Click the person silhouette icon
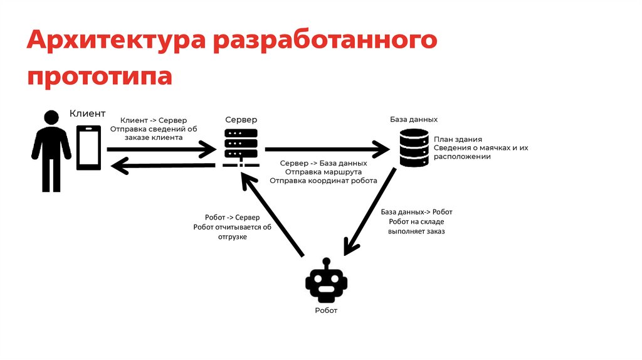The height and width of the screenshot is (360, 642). [x=51, y=151]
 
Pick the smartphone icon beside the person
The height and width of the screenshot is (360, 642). [x=88, y=148]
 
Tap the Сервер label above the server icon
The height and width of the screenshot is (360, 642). [x=241, y=119]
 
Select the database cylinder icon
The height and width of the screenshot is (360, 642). [x=414, y=148]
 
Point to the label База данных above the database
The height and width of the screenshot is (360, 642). [x=414, y=119]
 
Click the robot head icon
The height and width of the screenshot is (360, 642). [x=326, y=282]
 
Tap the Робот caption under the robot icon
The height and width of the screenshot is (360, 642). [x=326, y=310]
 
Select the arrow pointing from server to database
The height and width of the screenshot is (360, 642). [x=326, y=150]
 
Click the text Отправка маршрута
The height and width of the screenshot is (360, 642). [x=323, y=171]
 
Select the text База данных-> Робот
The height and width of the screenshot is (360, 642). [x=416, y=212]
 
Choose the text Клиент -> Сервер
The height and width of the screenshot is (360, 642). [x=154, y=120]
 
